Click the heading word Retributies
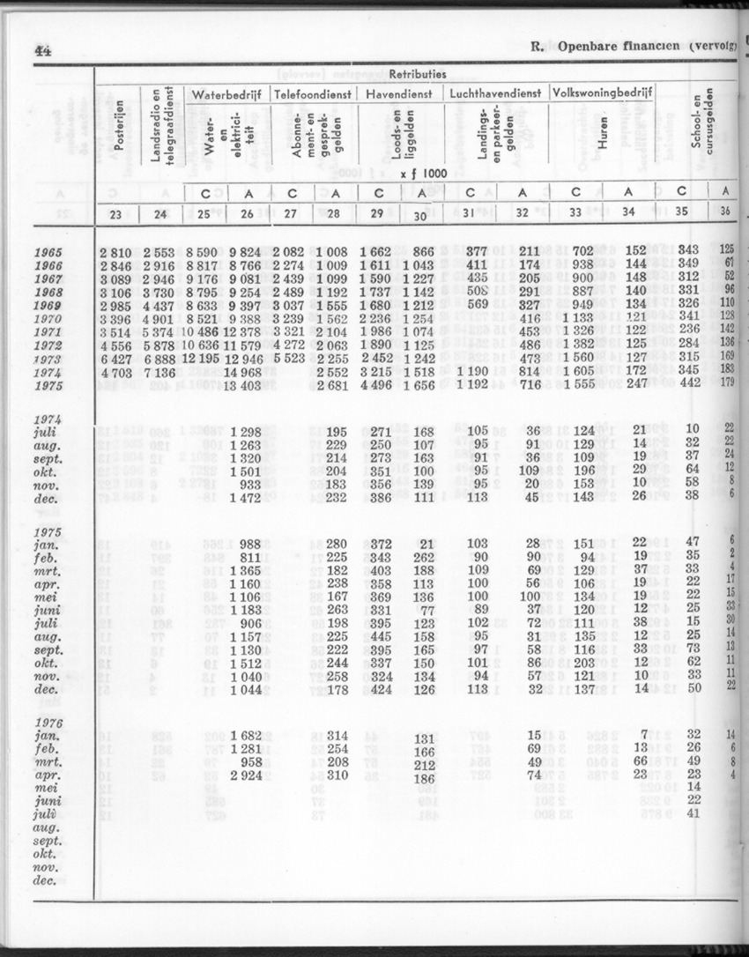coord(418,75)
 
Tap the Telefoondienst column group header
coord(313,93)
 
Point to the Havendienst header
coord(398,93)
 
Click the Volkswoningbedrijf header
coord(602,93)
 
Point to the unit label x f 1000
coord(423,174)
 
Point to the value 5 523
coord(292,360)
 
